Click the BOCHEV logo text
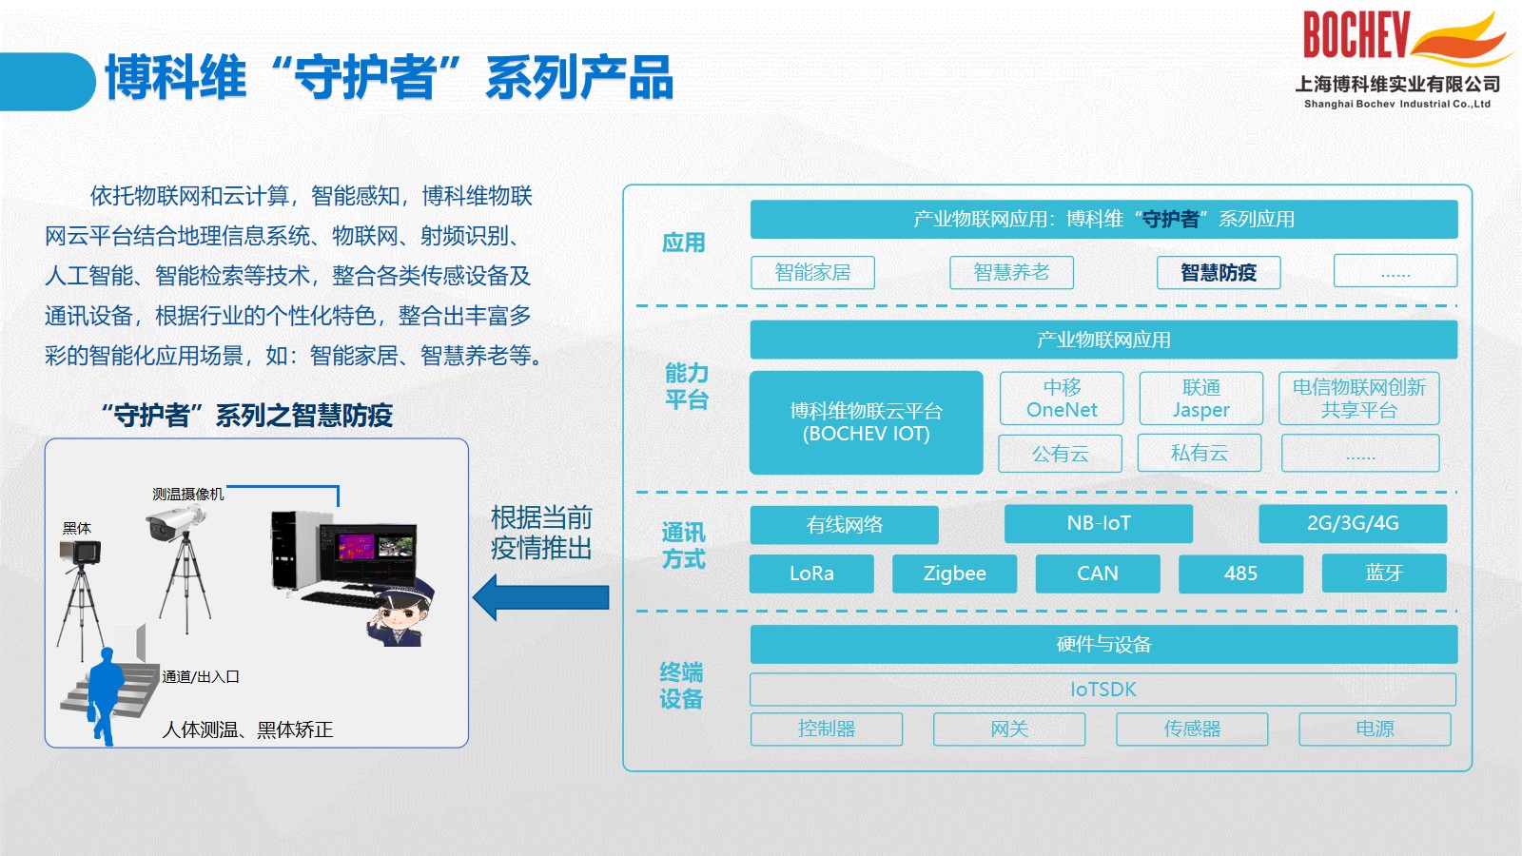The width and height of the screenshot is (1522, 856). tap(1356, 34)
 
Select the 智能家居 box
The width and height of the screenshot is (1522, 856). tap(812, 272)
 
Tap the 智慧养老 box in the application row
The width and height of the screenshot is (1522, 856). tap(1011, 272)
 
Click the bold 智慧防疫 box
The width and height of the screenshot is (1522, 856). tap(1219, 272)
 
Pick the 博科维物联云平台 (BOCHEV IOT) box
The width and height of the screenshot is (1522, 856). tap(867, 422)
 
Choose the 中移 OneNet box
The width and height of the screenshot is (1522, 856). tap(1062, 399)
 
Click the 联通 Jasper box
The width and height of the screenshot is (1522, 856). tap(1200, 399)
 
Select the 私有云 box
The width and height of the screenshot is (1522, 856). tap(1200, 453)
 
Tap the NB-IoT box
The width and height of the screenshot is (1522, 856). tap(1099, 523)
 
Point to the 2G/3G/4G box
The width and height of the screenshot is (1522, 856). tap(1353, 523)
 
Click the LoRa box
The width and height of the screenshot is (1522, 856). tap(811, 574)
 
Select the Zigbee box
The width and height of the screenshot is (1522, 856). tap(955, 574)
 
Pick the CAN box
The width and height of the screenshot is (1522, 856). tap(1098, 574)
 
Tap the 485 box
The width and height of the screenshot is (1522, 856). tap(1240, 574)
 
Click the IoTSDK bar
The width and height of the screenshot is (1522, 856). tap(1103, 690)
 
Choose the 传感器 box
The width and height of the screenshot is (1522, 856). tap(1192, 729)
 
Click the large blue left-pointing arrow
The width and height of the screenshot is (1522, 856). tap(541, 597)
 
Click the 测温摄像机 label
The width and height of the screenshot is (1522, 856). tap(188, 494)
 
